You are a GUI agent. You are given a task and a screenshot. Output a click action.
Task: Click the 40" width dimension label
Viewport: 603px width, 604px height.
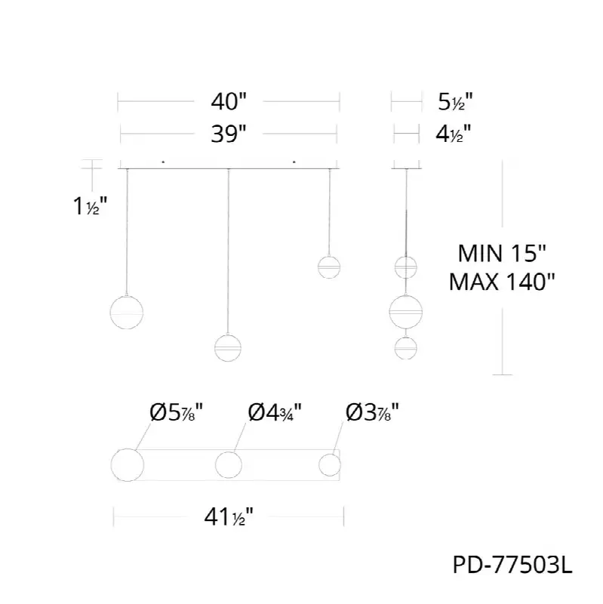pyautogui.click(x=229, y=102)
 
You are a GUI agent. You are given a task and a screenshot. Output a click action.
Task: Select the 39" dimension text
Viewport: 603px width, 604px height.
pyautogui.click(x=229, y=134)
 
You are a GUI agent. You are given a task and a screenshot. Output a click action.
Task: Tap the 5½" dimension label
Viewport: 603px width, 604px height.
pyautogui.click(x=455, y=102)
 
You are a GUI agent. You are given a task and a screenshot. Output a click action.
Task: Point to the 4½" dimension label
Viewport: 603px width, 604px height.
pyautogui.click(x=454, y=134)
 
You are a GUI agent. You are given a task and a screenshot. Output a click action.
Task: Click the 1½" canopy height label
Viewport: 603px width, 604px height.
pyautogui.click(x=90, y=205)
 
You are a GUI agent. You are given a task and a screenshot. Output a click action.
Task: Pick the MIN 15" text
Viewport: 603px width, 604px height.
pyautogui.click(x=502, y=254)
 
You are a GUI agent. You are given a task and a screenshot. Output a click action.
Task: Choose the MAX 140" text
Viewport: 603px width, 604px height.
pyautogui.click(x=502, y=282)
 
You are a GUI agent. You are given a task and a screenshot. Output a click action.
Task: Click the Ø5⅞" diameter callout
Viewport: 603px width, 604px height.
pyautogui.click(x=176, y=412)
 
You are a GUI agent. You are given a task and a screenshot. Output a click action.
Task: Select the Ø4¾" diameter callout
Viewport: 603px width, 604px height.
pyautogui.click(x=275, y=412)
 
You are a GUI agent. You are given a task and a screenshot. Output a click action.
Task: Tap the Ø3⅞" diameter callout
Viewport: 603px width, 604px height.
pyautogui.click(x=372, y=412)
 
